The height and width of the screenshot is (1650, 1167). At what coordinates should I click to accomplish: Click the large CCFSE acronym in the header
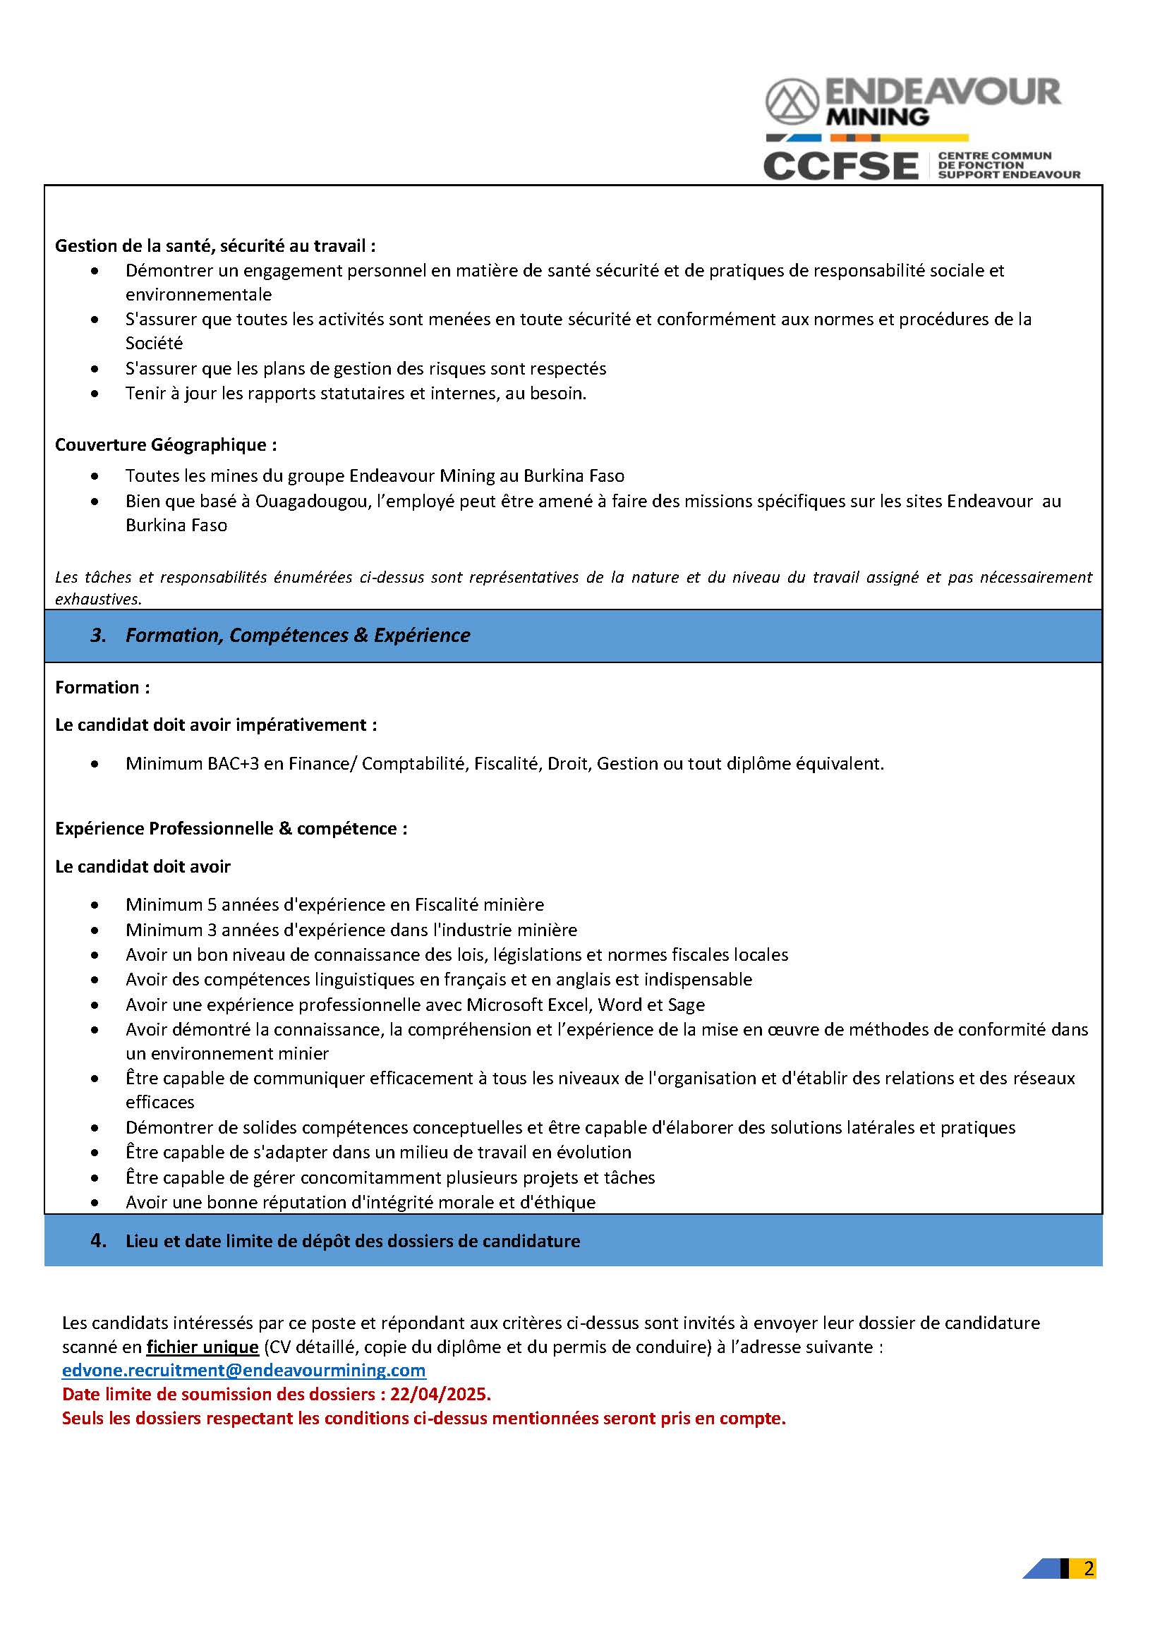pos(840,166)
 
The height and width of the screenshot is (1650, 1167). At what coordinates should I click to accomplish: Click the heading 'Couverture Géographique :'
pos(166,445)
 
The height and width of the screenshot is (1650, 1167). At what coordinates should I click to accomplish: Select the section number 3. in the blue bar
pos(99,636)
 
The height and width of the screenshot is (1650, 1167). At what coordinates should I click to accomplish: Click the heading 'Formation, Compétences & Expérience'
pos(298,636)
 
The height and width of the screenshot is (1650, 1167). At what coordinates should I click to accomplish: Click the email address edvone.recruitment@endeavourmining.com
pos(243,1370)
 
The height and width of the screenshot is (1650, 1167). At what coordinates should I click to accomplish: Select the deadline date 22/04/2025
pos(440,1394)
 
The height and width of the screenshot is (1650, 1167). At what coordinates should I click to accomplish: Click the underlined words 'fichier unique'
pos(202,1346)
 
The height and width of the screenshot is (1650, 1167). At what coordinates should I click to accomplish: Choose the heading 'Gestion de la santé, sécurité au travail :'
pos(216,245)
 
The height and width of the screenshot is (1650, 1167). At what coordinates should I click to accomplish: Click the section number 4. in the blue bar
pos(99,1241)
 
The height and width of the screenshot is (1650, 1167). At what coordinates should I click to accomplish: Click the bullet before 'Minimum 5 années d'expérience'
pos(95,905)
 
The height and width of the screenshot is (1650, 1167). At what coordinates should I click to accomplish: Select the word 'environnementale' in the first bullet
pos(198,295)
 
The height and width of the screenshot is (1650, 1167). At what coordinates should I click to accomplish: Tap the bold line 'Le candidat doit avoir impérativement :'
pos(216,725)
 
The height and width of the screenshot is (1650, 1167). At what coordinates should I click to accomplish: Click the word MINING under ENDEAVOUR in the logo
pos(878,116)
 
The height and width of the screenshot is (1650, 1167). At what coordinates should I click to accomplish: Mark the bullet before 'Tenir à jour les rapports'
pos(95,394)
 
